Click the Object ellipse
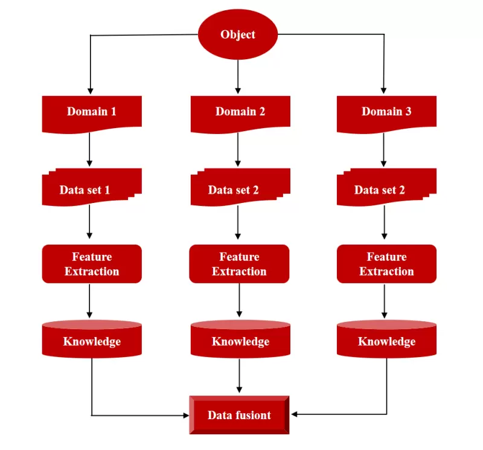(238, 34)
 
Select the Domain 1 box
(92, 114)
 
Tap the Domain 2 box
(240, 114)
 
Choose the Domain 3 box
(386, 114)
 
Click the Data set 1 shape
(92, 187)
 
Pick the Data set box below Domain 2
(240, 187)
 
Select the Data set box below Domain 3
(386, 187)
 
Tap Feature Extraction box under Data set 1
(92, 264)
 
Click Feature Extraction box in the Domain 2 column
(239, 264)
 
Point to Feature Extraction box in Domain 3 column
(386, 264)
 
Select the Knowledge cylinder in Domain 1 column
(92, 339)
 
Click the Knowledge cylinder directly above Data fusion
(240, 339)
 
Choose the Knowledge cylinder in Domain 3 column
(386, 339)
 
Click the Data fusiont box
(239, 415)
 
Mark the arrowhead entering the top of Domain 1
(90, 91)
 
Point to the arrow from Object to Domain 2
(238, 77)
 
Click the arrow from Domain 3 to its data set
(383, 150)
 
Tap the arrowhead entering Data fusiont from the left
(186, 416)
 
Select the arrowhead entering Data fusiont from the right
(294, 414)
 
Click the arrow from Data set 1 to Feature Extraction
(89, 222)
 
